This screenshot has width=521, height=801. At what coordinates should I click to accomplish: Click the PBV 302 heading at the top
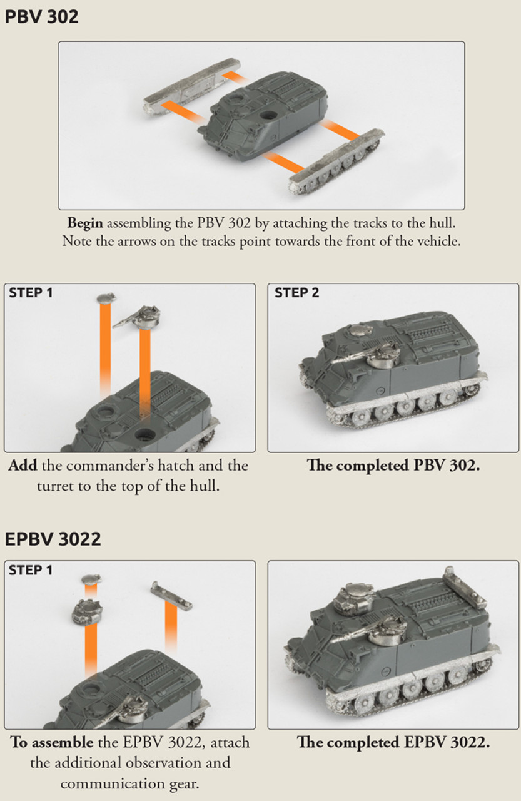tap(41, 17)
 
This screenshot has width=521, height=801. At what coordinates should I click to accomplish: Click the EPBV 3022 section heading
tap(53, 539)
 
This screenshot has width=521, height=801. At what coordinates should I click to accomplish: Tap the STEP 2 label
tap(296, 293)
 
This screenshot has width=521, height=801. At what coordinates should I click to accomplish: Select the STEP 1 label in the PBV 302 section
tap(31, 293)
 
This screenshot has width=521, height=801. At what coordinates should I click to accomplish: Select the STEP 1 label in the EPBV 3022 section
tap(31, 570)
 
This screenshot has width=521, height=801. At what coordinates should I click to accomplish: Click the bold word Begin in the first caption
tap(85, 223)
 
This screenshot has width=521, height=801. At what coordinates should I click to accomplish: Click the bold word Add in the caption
tap(23, 465)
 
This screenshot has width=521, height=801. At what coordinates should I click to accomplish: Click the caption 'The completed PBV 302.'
tap(393, 465)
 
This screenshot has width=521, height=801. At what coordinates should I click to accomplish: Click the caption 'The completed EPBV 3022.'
tap(393, 742)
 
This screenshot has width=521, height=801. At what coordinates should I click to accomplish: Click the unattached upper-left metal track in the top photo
tap(192, 86)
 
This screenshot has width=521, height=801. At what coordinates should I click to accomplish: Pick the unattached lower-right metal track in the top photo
tap(336, 161)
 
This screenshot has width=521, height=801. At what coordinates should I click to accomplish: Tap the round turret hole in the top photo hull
tap(269, 115)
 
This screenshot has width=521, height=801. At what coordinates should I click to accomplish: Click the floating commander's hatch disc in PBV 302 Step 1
tap(106, 298)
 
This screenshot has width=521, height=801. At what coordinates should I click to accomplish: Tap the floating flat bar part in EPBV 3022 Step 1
tap(171, 595)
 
